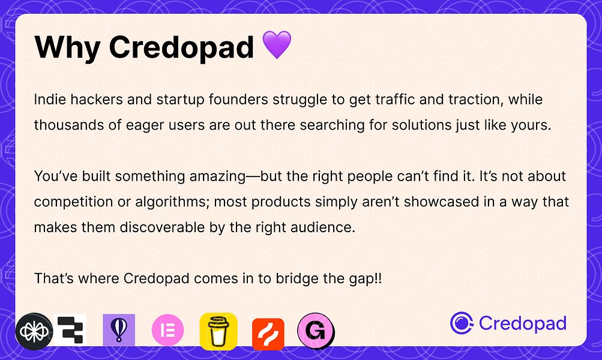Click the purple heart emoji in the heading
[x=277, y=46]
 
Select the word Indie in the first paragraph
[x=50, y=99]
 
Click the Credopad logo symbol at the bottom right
[x=462, y=323]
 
